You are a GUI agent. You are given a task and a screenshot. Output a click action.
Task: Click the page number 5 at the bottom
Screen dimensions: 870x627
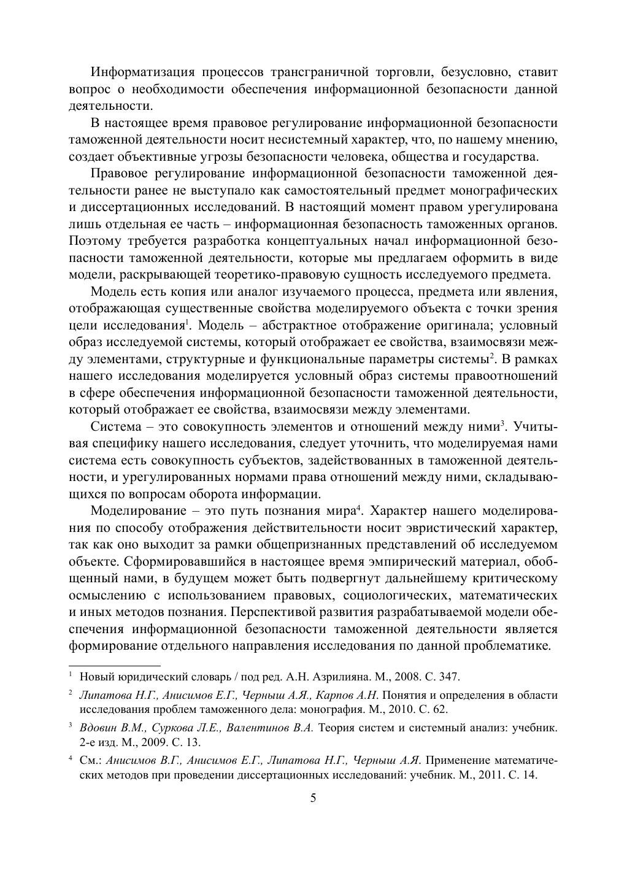pyautogui.click(x=313, y=798)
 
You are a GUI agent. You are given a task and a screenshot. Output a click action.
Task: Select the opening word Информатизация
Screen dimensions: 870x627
pyautogui.click(x=142, y=72)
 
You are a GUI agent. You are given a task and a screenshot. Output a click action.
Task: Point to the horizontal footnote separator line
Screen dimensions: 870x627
pyautogui.click(x=114, y=665)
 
